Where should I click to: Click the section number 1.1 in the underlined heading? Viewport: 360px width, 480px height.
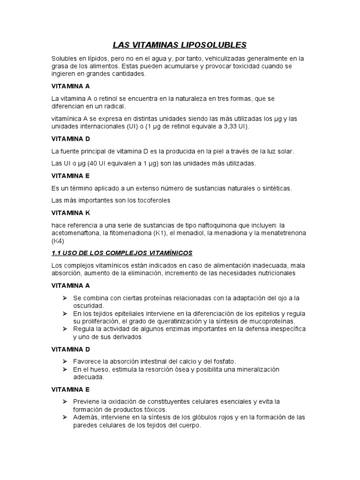(57, 253)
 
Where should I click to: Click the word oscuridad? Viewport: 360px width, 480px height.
(87, 305)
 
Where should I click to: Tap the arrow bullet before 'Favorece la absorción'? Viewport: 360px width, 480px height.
(65, 361)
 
